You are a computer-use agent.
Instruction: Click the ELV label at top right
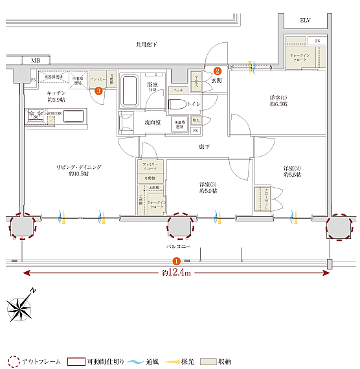click(305, 21)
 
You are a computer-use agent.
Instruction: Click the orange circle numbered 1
click(177, 261)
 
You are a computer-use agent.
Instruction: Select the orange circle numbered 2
click(218, 71)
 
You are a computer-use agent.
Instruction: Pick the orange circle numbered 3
click(98, 91)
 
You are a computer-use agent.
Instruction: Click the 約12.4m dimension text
click(176, 273)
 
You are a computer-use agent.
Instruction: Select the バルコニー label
click(178, 247)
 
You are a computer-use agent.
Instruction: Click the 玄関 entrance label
click(216, 81)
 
